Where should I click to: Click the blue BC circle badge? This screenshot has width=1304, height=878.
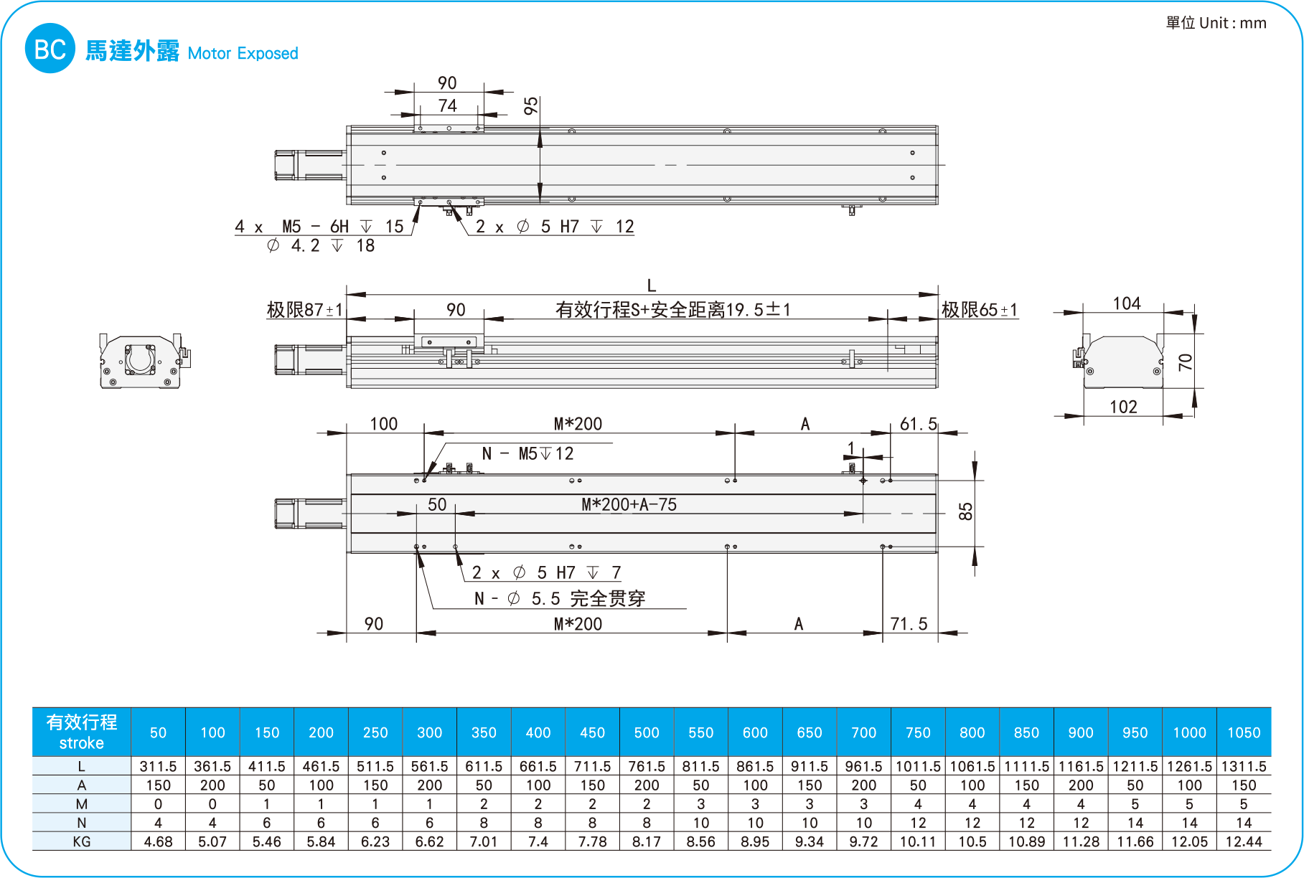pos(50,49)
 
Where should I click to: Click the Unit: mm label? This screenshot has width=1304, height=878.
pos(1216,23)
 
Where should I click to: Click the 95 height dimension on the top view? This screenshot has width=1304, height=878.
pos(530,106)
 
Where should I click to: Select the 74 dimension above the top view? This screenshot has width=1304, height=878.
pos(447,105)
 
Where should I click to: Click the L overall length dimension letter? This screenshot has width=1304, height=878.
pos(652,285)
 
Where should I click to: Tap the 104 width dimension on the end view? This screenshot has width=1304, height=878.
pos(1126,303)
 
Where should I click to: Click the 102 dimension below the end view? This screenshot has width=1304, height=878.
pos(1123,407)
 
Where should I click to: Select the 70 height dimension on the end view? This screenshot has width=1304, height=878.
pos(1186,362)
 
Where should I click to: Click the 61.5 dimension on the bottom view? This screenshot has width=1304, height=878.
pos(918,424)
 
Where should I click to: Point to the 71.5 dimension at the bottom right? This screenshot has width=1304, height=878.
pos(909,624)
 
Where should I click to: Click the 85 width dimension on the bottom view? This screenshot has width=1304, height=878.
pos(966,511)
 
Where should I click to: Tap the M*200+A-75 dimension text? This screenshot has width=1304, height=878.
pos(629,504)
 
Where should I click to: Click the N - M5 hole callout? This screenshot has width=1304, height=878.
pos(527,453)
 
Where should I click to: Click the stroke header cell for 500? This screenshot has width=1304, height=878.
pos(647,732)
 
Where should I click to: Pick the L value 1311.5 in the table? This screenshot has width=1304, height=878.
pos(1244,766)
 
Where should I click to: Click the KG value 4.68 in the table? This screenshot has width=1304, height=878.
pos(158,841)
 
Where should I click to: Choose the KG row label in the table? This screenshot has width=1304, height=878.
pos(81,841)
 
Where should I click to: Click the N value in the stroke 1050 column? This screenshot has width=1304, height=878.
pos(1244,823)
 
